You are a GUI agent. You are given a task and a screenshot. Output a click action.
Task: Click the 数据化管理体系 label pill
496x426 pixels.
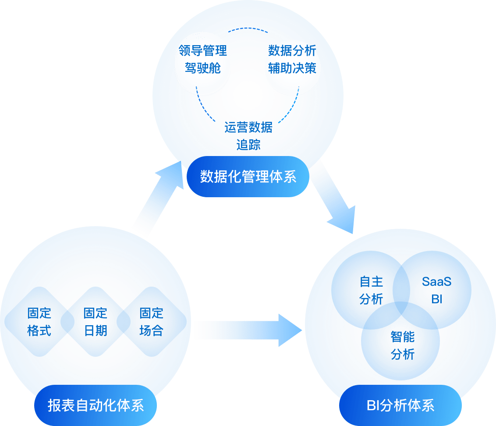248,177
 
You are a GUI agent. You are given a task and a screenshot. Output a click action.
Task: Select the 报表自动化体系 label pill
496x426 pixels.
96,405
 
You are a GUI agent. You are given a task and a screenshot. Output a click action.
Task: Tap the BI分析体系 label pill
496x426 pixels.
400,405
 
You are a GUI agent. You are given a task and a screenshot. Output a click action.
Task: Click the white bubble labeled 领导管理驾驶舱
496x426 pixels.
202,60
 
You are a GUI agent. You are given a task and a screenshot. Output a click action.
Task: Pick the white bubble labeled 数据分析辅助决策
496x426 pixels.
292,60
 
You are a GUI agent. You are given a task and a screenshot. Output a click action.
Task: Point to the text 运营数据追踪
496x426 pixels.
248,136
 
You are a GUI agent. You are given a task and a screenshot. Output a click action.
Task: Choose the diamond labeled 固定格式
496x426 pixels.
39,322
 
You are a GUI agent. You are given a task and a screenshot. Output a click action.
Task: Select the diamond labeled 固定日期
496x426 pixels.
95,322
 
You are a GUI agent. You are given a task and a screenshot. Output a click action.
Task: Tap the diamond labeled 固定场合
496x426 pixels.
151,322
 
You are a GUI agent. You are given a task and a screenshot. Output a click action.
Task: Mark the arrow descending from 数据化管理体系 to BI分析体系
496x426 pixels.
336,197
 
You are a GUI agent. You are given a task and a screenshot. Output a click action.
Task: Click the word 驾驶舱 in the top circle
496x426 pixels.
202,69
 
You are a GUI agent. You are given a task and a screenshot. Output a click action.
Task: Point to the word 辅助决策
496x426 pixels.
292,69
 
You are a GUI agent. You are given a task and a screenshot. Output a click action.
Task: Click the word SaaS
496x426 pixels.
436,281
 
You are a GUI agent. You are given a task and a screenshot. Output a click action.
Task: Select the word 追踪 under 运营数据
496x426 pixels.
248,145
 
